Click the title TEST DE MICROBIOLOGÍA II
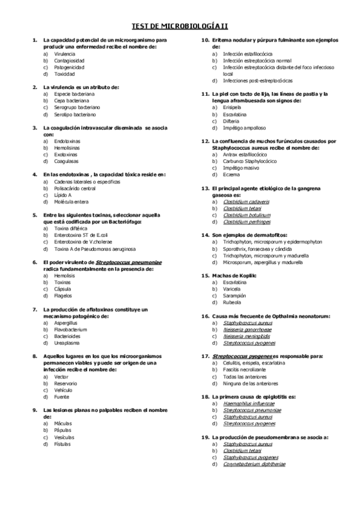(x=180, y=26)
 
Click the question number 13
(x=205, y=188)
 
